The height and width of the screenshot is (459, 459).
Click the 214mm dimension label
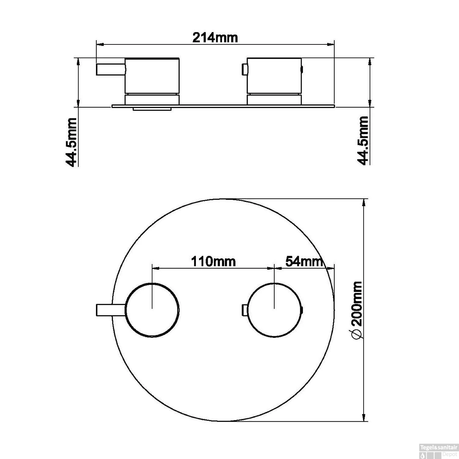[215, 38]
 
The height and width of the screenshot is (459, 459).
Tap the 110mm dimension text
[213, 262]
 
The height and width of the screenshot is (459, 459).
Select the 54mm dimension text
[304, 261]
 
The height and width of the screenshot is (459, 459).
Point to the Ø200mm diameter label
[357, 310]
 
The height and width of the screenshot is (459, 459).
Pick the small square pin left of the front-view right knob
[245, 310]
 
